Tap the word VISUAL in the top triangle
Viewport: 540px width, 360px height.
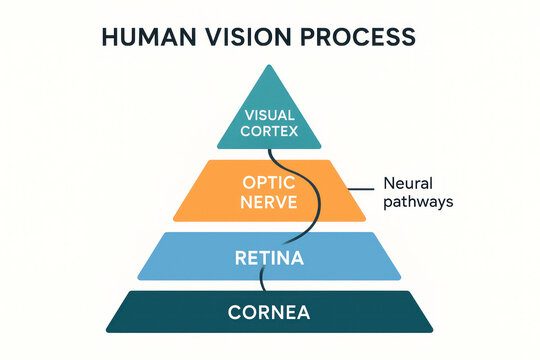tap(270, 113)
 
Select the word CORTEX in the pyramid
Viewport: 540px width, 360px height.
tap(270, 131)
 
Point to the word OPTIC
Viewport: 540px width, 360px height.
tap(270, 183)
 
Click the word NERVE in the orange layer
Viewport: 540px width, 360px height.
tap(270, 203)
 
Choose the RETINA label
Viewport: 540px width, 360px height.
tap(270, 259)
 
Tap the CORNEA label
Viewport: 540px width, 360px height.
tap(270, 312)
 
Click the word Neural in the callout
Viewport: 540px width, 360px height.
tap(408, 184)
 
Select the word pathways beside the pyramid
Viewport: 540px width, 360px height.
tap(419, 202)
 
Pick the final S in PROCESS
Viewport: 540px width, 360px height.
tap(408, 37)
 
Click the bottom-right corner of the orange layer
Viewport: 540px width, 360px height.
tap(368, 220)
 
